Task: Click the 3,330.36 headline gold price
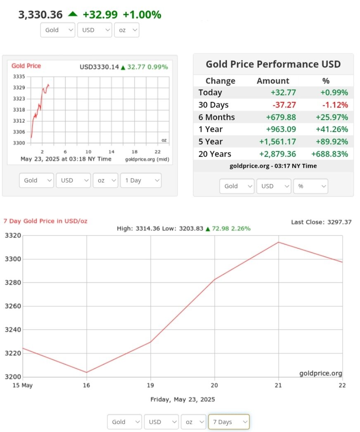click(x=40, y=15)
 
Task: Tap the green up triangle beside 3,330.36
click(x=73, y=14)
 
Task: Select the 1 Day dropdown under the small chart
click(x=140, y=180)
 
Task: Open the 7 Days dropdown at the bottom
click(x=228, y=422)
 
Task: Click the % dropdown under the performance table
click(x=310, y=186)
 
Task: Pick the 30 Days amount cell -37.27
click(x=282, y=105)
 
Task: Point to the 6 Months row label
click(x=216, y=117)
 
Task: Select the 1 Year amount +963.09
click(x=280, y=129)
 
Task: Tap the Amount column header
click(x=273, y=81)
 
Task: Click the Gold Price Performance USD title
click(x=273, y=64)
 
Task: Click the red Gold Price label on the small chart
click(x=26, y=66)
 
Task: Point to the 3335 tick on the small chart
click(x=19, y=77)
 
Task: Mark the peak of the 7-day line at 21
click(x=278, y=242)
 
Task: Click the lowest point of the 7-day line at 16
click(x=87, y=372)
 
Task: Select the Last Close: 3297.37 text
click(x=321, y=222)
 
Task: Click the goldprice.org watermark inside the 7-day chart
click(x=320, y=373)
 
